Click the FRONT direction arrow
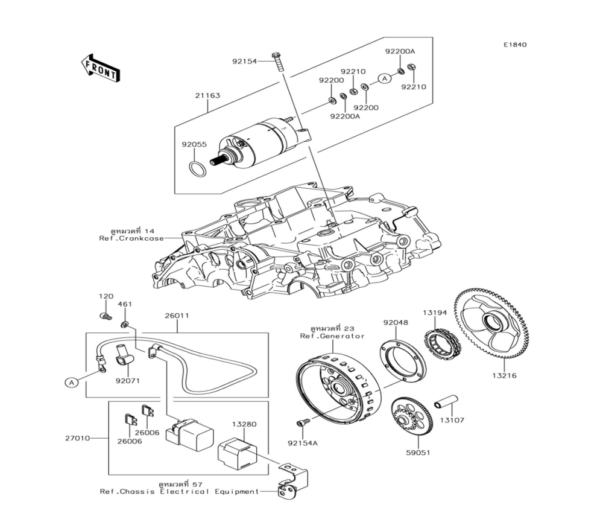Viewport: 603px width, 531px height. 99,67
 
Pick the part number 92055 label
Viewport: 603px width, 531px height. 194,145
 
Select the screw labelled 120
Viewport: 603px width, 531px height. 105,315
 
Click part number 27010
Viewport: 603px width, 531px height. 77,438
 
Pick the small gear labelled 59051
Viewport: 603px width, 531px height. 411,417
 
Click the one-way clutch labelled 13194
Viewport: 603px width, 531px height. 444,342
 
